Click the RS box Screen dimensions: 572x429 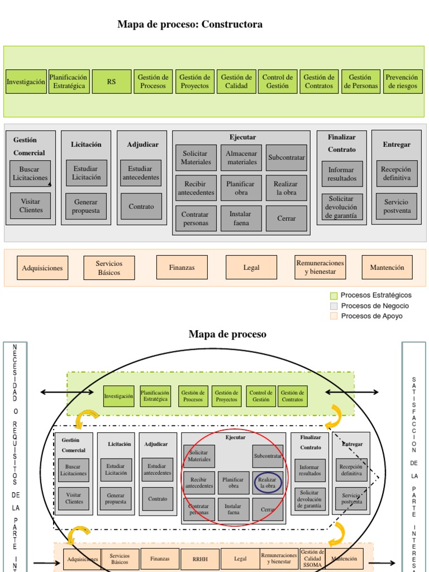[112, 82]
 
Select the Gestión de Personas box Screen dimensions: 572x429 [360, 82]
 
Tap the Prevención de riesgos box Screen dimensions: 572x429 [402, 82]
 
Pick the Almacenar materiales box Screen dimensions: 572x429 [242, 158]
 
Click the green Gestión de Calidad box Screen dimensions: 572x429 [236, 82]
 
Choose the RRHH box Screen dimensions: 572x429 [200, 559]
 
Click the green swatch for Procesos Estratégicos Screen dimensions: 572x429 [334, 295]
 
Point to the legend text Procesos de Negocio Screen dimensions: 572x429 [375, 306]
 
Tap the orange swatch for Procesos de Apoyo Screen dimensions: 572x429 [334, 316]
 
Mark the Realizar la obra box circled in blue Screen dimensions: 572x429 [268, 483]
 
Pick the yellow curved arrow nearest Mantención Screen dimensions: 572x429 [336, 535]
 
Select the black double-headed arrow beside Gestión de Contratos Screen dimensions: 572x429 [352, 393]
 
